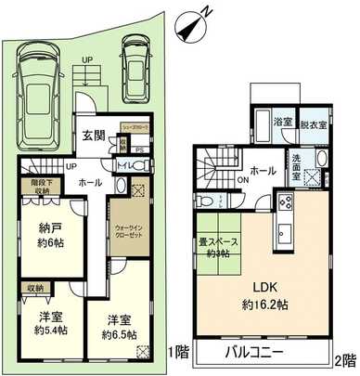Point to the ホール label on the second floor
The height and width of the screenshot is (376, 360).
point(262,170)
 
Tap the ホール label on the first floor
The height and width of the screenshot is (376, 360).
point(90,182)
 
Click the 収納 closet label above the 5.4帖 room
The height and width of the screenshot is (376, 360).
point(34,288)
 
